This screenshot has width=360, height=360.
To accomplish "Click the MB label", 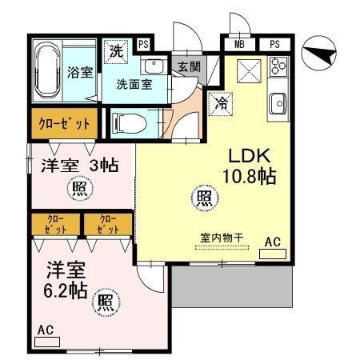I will (240, 44).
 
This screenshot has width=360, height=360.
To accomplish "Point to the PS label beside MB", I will (274, 44).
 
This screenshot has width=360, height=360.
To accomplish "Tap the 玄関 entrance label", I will (189, 66).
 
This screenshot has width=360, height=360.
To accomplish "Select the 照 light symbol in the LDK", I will (204, 197).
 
